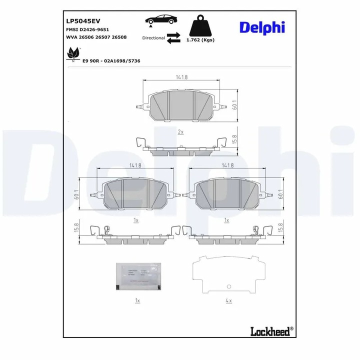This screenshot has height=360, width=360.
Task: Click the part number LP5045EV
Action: pyautogui.click(x=83, y=21)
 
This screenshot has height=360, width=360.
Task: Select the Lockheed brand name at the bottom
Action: pyautogui.click(x=270, y=330)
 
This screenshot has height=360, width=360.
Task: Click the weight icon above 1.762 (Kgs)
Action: pyautogui.click(x=199, y=25)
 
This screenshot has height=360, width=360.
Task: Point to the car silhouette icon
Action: pyautogui.click(x=160, y=20)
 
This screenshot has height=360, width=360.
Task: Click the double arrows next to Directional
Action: pyautogui.click(x=173, y=38)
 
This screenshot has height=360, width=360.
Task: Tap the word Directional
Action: pyautogui.click(x=153, y=38)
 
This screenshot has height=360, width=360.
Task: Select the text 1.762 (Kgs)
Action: pyautogui.click(x=200, y=39)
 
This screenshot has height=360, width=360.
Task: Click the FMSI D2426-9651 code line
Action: pyautogui.click(x=87, y=30)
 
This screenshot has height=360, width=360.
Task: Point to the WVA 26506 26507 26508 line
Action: pyautogui.click(x=96, y=37)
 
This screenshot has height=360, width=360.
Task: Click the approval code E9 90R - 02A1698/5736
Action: pyautogui.click(x=111, y=60)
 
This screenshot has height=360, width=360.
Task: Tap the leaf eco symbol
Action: pyautogui.click(x=73, y=53)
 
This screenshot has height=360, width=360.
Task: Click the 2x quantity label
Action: pyautogui.click(x=180, y=131)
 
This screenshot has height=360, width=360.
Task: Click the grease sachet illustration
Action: pyautogui.click(x=137, y=276)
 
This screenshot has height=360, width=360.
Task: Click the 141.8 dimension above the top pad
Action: pyautogui.click(x=181, y=77)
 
